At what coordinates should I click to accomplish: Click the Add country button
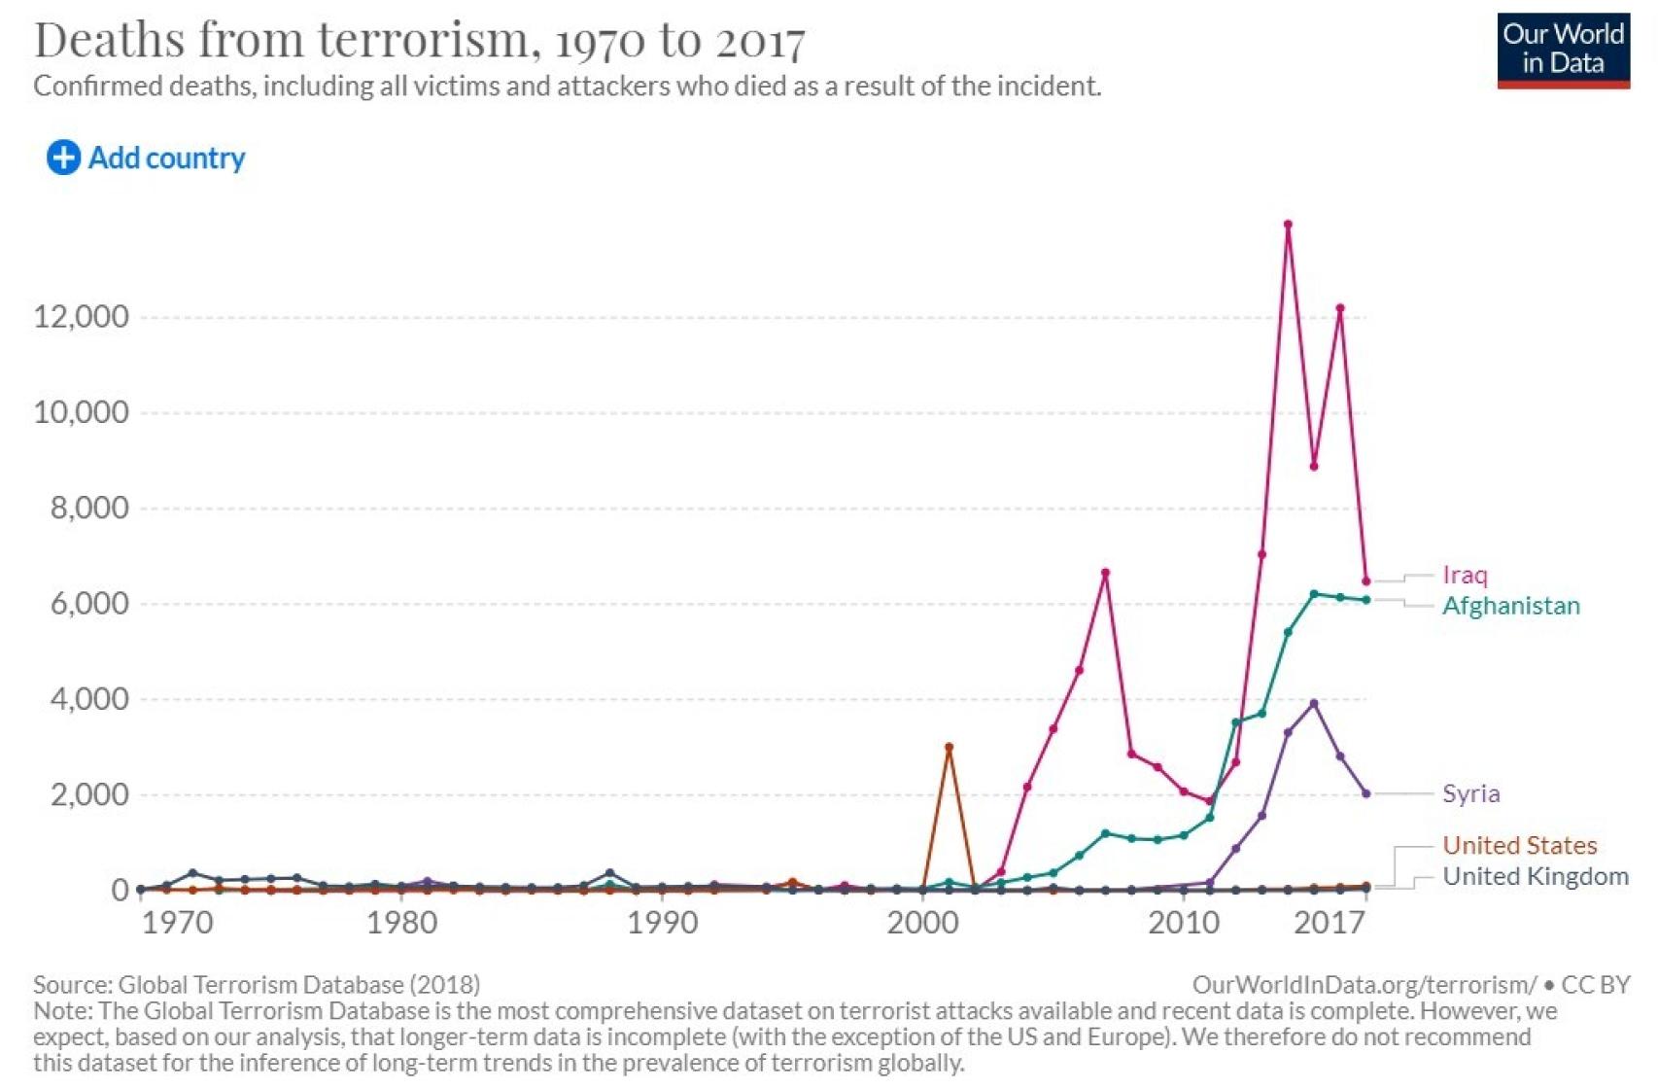[146, 158]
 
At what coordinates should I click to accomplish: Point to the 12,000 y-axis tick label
[81, 317]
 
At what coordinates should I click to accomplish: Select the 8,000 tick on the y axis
[89, 508]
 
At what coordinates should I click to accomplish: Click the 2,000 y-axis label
[89, 794]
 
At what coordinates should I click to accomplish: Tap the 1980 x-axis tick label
[401, 922]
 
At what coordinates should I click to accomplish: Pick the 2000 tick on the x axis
[922, 922]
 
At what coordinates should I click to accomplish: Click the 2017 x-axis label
[1329, 922]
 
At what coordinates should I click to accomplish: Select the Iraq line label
[1465, 575]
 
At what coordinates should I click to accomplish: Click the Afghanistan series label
[1510, 606]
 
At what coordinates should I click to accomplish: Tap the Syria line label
[1470, 793]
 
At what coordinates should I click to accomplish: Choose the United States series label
[1519, 845]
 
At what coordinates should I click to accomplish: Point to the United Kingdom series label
[1535, 876]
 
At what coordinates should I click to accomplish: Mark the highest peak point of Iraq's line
[1288, 225]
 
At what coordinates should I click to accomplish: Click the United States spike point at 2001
[949, 747]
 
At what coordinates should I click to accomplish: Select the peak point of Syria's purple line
[1314, 703]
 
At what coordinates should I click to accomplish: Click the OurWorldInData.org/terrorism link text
[1364, 984]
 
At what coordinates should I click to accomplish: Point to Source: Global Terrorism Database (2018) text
[257, 984]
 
